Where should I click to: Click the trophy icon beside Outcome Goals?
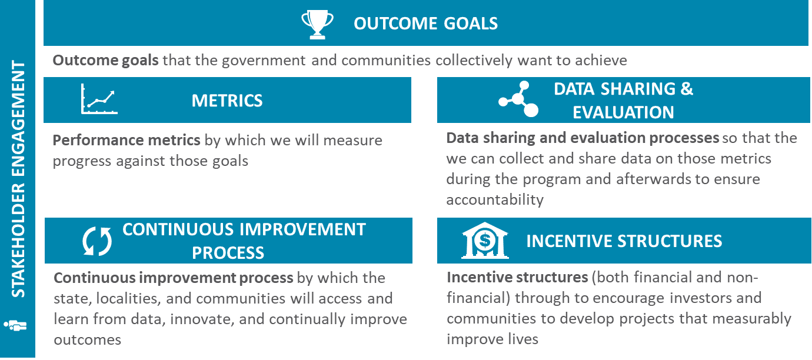click(x=317, y=24)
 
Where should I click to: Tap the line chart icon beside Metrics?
click(x=99, y=99)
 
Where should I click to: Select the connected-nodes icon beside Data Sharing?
click(x=518, y=99)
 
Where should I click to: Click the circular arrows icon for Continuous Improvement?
click(x=96, y=241)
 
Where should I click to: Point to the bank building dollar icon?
click(x=485, y=241)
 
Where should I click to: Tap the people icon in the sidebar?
click(x=15, y=325)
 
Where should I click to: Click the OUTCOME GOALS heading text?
click(x=425, y=24)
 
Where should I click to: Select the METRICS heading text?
click(x=227, y=101)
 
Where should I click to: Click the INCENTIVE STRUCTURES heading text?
click(x=624, y=241)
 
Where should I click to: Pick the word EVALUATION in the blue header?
click(x=623, y=112)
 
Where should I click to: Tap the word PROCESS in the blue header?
click(x=228, y=253)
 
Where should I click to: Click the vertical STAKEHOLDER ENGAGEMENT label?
click(x=18, y=179)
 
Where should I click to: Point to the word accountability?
click(x=495, y=200)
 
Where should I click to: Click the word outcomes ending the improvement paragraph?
click(x=87, y=339)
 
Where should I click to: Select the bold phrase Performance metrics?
click(x=126, y=140)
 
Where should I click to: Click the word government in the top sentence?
click(x=264, y=60)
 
